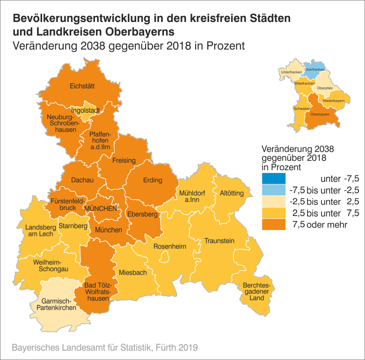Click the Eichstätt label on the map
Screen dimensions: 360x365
point(82,86)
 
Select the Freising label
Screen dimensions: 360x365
point(124,160)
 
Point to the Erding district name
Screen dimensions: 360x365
point(153,180)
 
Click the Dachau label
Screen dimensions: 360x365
point(82,180)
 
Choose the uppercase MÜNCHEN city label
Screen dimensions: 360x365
point(101,209)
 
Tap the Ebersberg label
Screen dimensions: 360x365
point(142,214)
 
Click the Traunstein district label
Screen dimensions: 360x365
point(219,241)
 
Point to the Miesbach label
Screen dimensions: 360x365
point(133,273)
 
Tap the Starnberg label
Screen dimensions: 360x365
point(73,226)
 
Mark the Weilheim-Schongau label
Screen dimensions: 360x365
point(51,266)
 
